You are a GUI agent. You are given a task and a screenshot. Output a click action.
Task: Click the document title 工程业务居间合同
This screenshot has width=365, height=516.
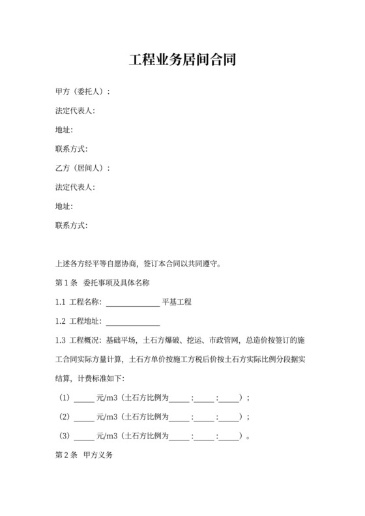pyautogui.click(x=182, y=61)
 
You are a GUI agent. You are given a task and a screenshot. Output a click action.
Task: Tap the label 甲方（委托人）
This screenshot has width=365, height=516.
pyautogui.click(x=82, y=92)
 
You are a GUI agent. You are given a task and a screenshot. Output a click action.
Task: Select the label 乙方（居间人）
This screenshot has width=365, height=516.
pyautogui.click(x=82, y=168)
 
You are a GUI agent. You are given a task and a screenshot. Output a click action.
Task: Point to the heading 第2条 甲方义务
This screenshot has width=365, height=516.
pyautogui.click(x=85, y=456)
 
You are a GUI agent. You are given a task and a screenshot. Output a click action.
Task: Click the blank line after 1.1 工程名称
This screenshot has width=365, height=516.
pyautogui.click(x=132, y=303)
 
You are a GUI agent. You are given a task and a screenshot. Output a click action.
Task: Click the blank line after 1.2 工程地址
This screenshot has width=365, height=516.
pyautogui.click(x=132, y=322)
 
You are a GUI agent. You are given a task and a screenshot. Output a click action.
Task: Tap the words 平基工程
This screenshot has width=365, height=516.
pyautogui.click(x=176, y=302)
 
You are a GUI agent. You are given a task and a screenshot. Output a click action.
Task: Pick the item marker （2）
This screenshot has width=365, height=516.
pyautogui.click(x=65, y=417)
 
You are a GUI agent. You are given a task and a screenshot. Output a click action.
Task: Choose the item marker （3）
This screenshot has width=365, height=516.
pyautogui.click(x=65, y=437)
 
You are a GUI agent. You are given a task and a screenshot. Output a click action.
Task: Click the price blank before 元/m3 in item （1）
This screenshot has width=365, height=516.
pyautogui.click(x=85, y=399)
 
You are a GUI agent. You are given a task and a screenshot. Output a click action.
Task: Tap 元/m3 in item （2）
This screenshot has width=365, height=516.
pyautogui.click(x=108, y=417)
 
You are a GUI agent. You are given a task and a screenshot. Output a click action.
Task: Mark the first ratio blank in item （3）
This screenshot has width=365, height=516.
pyautogui.click(x=180, y=437)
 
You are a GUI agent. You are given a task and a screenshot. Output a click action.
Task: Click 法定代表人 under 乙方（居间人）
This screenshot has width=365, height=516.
pyautogui.click(x=76, y=188)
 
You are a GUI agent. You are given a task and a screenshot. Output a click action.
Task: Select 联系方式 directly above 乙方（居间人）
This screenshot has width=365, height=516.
pyautogui.click(x=72, y=149)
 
